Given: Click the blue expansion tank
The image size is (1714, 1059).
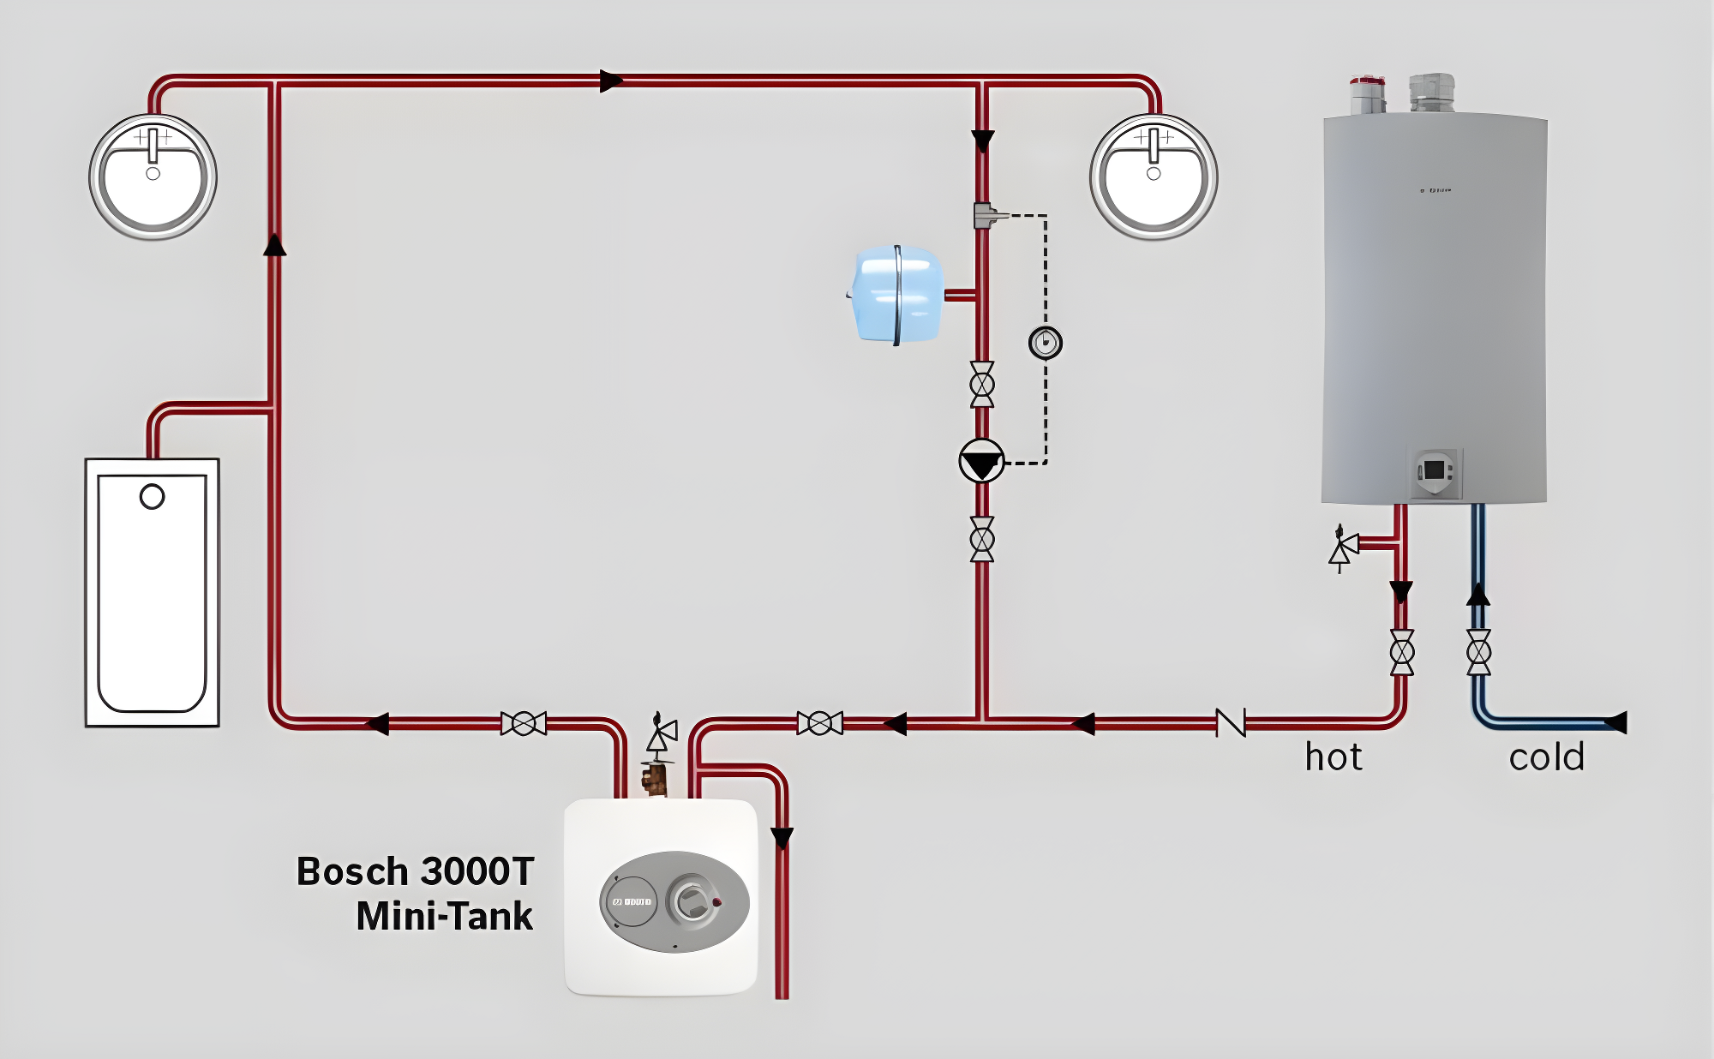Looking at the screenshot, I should point(896,295).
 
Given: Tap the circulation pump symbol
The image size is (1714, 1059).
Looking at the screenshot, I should point(982,461).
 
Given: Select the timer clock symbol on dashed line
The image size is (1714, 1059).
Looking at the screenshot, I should point(1045,343).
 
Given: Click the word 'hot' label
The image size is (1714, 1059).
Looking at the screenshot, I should point(1333,757).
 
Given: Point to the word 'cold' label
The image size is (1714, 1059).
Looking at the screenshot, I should point(1547,757).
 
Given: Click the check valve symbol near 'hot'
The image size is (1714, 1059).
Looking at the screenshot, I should point(1231,723).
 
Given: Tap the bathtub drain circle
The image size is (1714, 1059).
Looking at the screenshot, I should point(152,496).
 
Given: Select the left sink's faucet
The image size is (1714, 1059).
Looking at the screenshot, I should point(153,144).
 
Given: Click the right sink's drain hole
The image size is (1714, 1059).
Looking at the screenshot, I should point(1154,174).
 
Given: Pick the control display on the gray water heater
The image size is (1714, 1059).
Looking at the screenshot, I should point(1435,470).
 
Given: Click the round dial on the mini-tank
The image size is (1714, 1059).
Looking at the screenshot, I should point(692,900).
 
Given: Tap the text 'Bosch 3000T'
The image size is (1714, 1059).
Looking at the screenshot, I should point(415,871).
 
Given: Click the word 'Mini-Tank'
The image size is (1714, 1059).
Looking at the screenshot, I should point(444,916).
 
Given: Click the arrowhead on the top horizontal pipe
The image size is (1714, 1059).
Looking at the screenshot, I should point(610,81).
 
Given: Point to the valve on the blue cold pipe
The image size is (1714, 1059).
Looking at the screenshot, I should point(1478,652).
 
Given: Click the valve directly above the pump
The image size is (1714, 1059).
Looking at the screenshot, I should point(982,385).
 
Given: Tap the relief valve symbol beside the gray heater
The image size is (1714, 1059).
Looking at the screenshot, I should point(1343,548).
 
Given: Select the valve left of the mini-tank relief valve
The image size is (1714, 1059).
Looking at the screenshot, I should point(524,723).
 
